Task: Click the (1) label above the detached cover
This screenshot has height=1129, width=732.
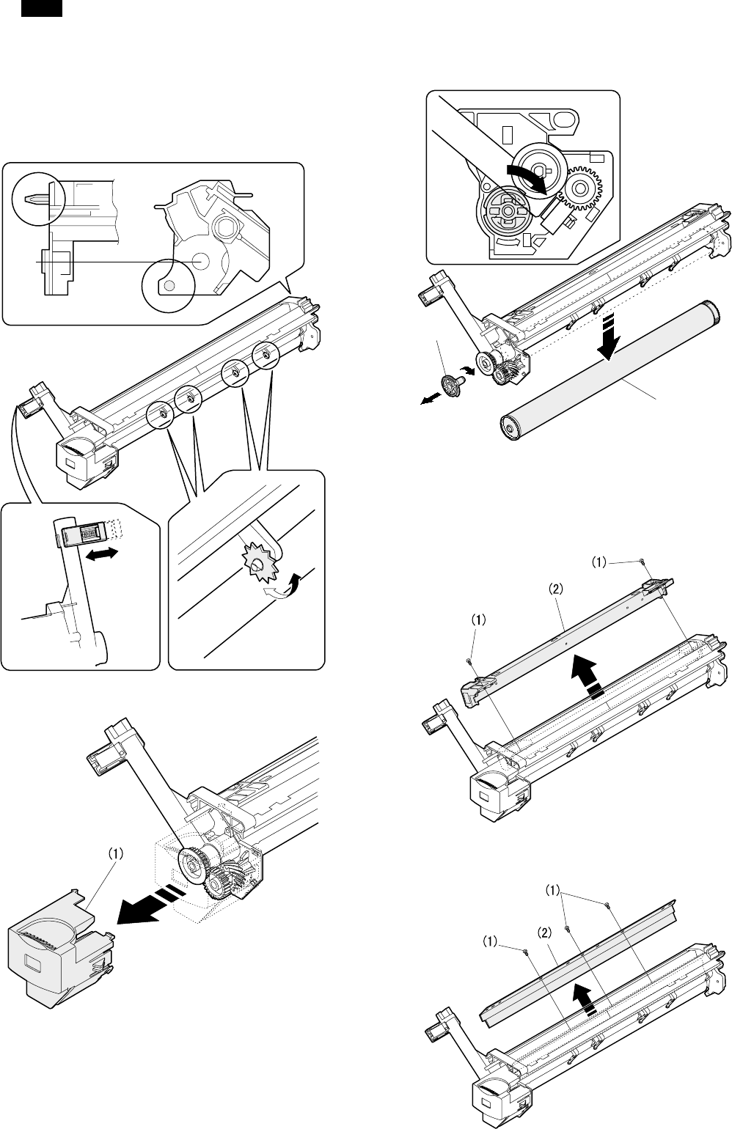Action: point(117,853)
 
